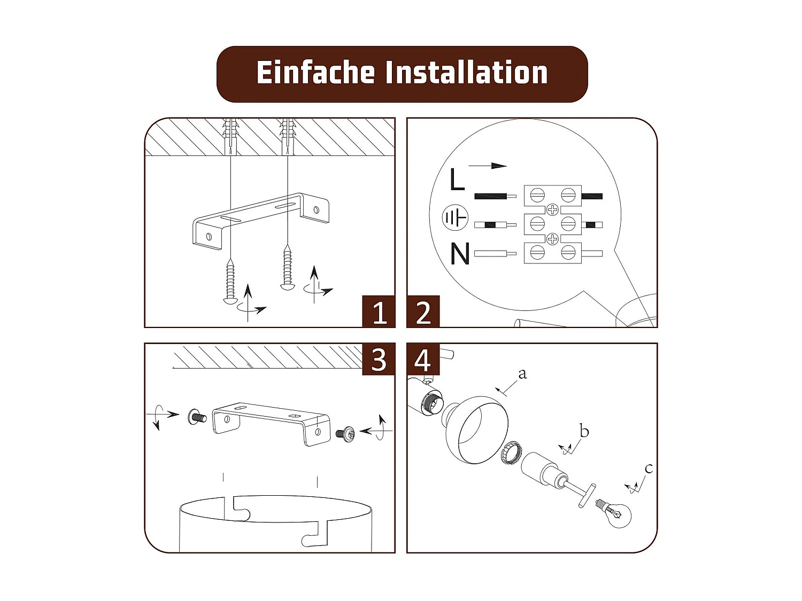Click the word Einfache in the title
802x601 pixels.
[x=315, y=73]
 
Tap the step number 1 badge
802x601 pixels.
[x=379, y=311]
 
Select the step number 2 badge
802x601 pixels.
[x=423, y=311]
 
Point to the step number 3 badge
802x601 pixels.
[x=379, y=360]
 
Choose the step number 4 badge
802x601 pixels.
[x=423, y=360]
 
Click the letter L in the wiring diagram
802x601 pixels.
[x=457, y=179]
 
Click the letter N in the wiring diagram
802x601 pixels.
[x=460, y=254]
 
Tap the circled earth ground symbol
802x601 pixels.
[x=455, y=218]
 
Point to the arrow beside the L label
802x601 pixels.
[x=488, y=166]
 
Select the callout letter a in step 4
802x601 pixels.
[x=522, y=373]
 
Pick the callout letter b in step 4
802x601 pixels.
[x=584, y=431]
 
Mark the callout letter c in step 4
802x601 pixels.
[x=649, y=469]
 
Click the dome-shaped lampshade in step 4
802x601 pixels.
[x=476, y=430]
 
